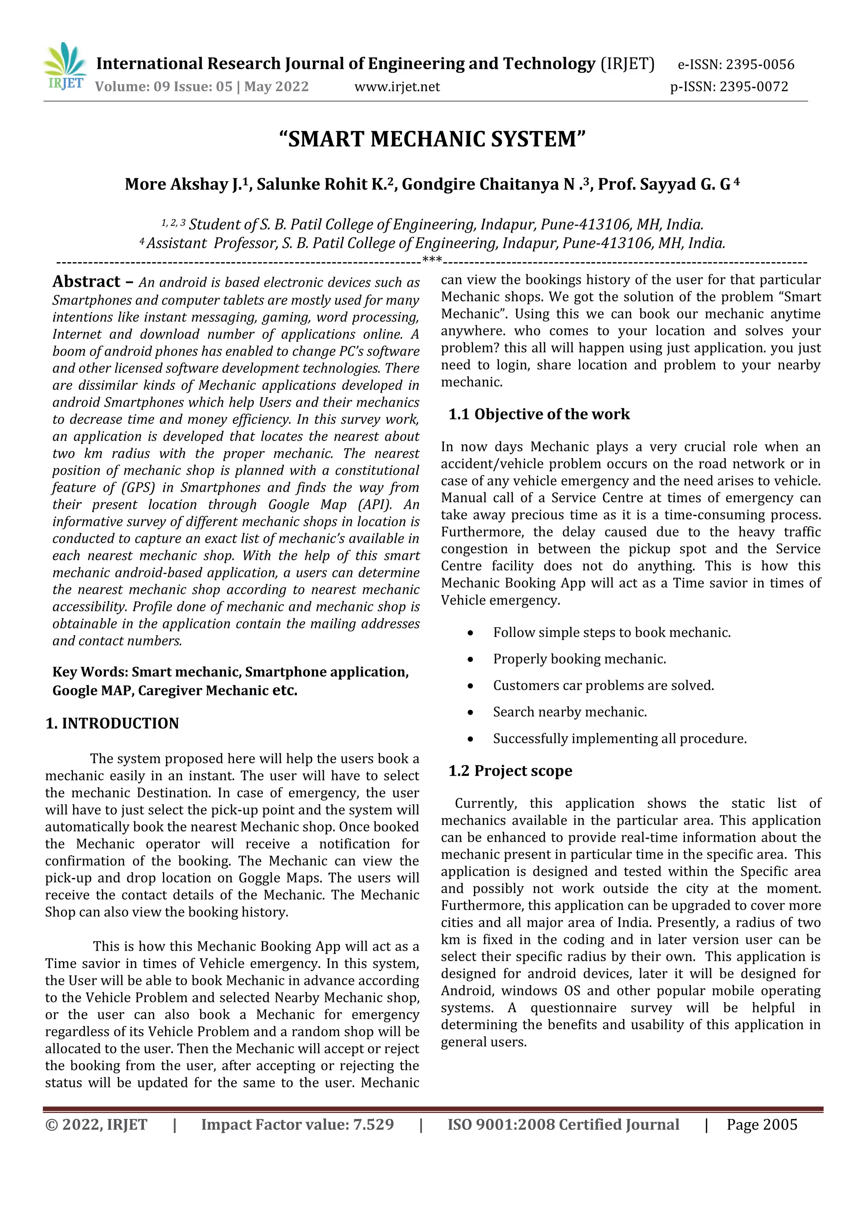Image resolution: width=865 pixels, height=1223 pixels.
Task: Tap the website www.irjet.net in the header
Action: tap(397, 87)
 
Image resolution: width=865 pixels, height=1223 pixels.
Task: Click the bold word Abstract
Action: tap(86, 281)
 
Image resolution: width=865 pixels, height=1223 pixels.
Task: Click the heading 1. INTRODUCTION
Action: tap(112, 723)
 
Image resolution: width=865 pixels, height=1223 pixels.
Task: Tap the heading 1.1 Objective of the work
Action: tap(539, 414)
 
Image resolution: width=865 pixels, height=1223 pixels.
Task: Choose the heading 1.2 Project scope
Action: tap(510, 771)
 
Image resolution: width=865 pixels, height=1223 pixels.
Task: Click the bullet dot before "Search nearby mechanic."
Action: tap(470, 713)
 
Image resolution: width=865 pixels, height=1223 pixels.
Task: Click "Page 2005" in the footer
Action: tap(762, 1125)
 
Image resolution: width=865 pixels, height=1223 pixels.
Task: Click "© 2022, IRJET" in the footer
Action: tap(96, 1125)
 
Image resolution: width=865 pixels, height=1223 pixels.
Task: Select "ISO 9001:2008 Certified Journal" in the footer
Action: tap(563, 1125)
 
